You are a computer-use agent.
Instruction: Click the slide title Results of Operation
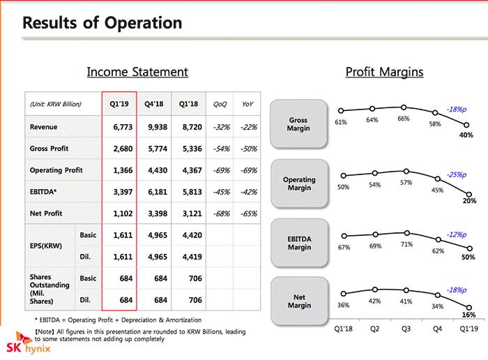coord(102,23)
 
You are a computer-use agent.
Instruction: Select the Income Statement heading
coord(137,71)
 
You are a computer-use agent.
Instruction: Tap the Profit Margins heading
coord(384,71)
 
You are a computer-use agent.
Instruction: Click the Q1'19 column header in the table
coord(119,104)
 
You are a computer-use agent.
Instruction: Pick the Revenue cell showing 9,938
coord(153,127)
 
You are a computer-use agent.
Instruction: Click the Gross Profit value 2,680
coord(119,149)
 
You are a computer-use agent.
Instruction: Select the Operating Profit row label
coord(56,170)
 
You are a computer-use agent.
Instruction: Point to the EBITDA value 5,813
coord(188,191)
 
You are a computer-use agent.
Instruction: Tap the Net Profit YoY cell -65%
coord(247,213)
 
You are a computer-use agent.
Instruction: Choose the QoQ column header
coord(220,104)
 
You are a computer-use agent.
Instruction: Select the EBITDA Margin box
coord(299,243)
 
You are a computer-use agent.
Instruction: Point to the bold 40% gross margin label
coord(466,135)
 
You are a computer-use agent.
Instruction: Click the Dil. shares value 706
coord(188,300)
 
